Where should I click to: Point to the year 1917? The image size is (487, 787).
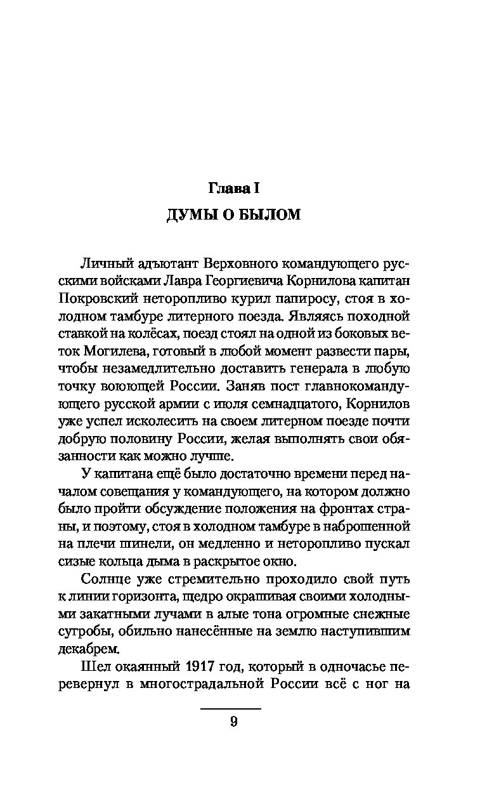[202, 667]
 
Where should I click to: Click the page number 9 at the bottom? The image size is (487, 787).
[233, 722]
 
